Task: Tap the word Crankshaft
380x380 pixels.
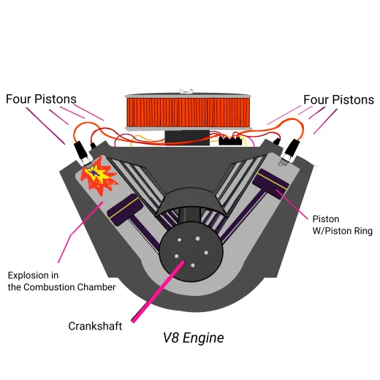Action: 95,326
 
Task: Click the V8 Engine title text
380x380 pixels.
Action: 193,338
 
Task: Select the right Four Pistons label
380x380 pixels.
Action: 338,99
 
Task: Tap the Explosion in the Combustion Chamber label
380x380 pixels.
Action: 61,281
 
